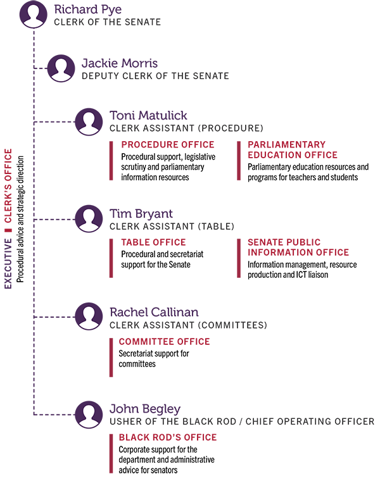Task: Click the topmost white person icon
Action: tap(34, 18)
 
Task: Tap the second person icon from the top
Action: tap(61, 70)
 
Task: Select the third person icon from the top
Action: tap(89, 123)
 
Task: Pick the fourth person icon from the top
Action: tap(89, 220)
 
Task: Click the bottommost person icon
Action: tap(89, 415)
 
